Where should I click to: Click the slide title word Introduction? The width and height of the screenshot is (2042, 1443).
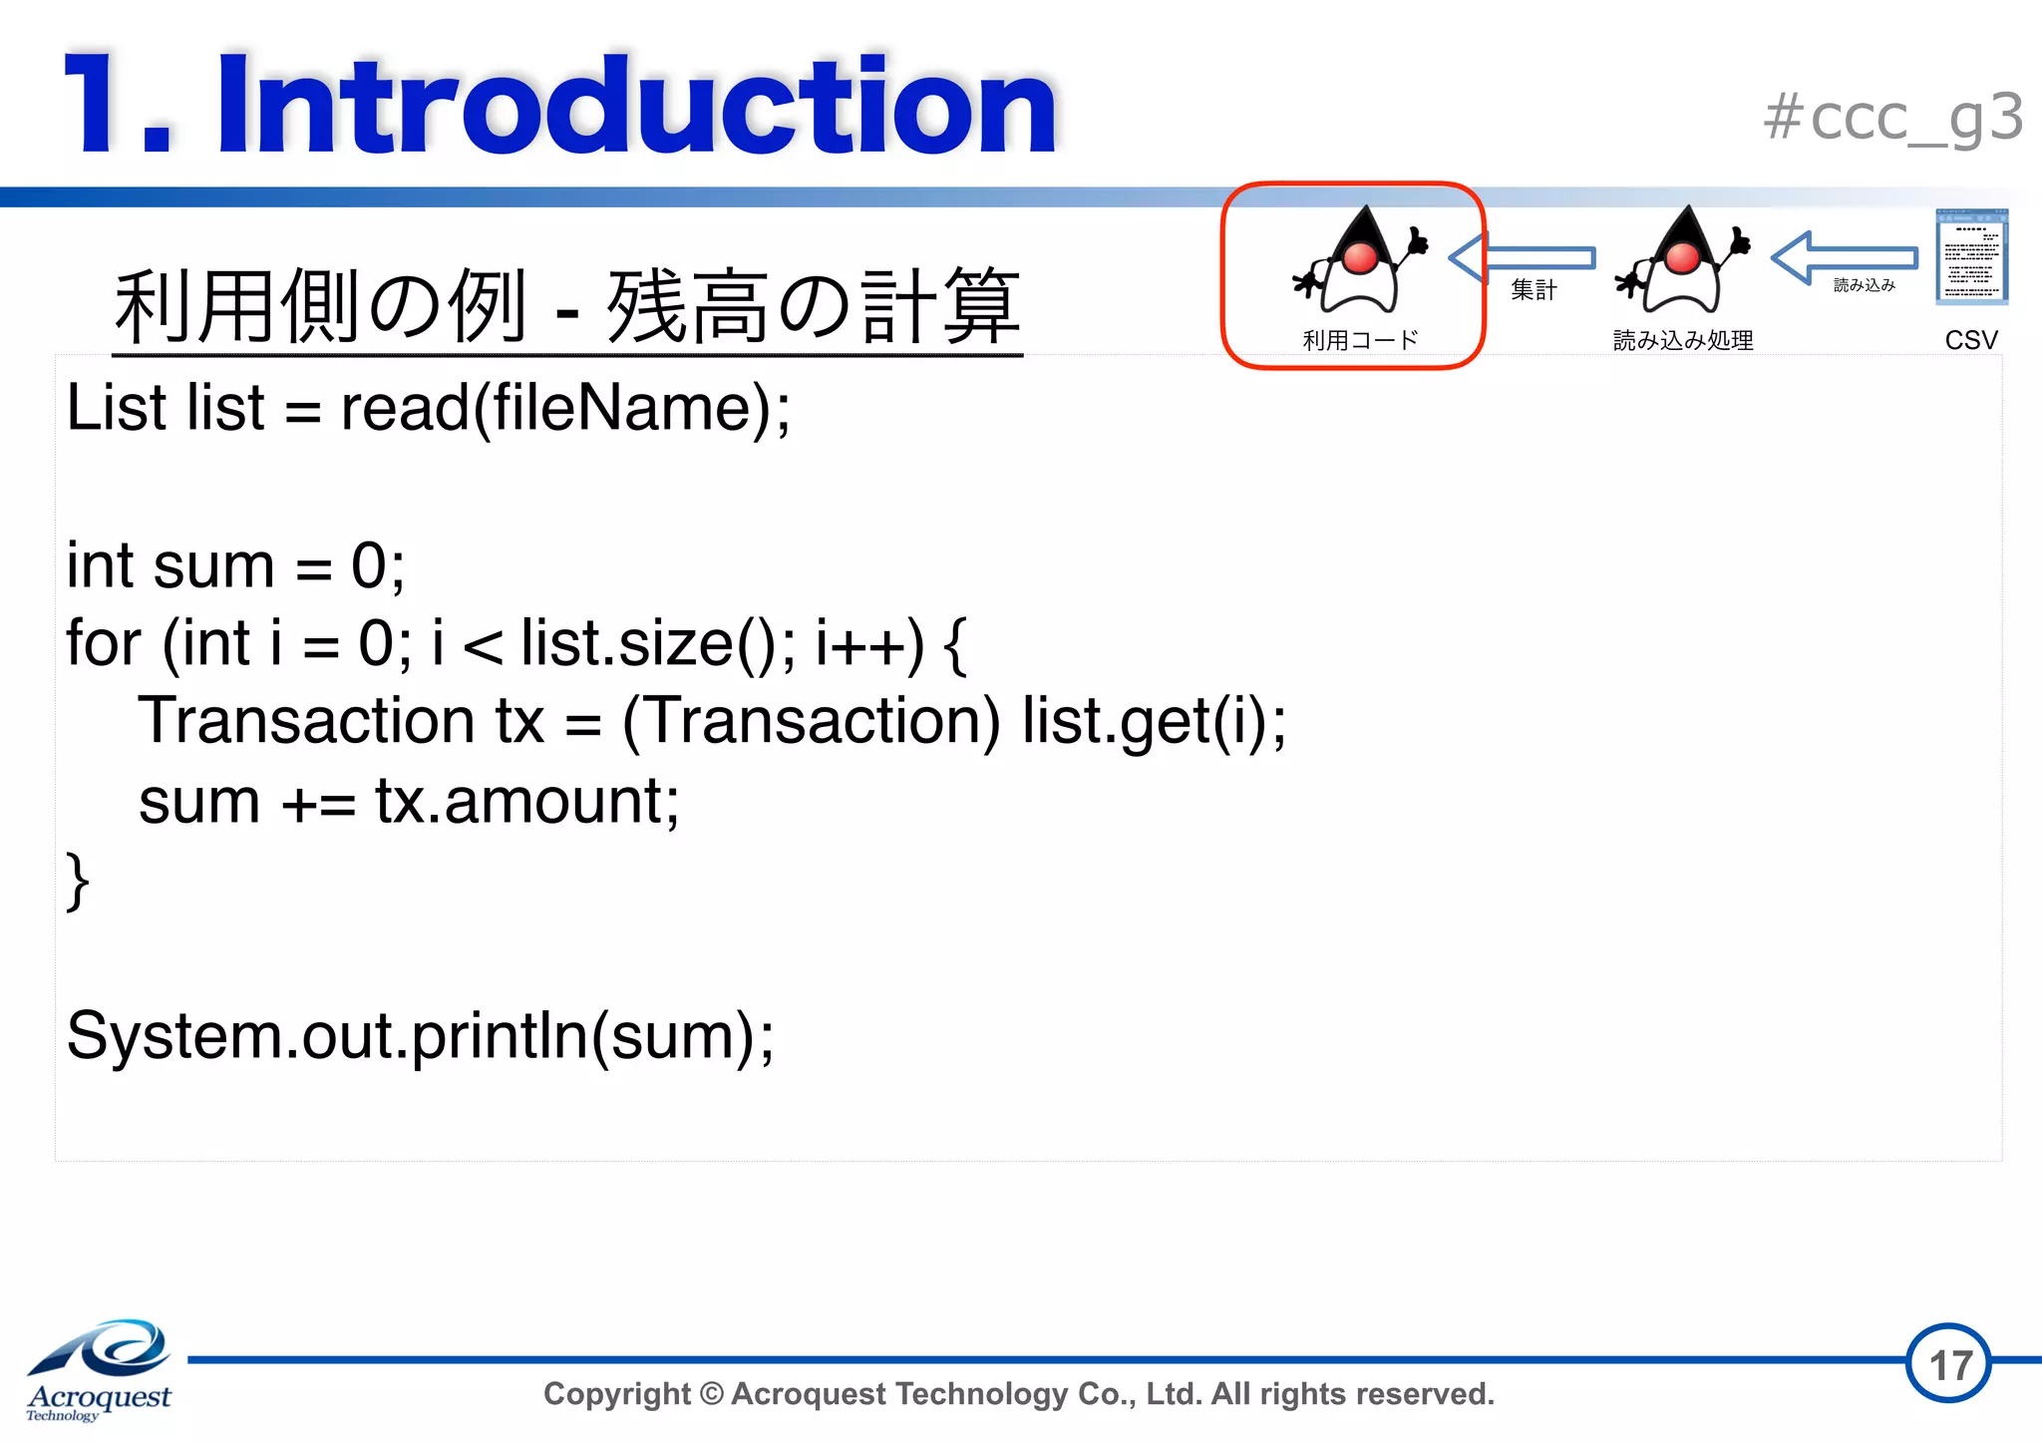(x=636, y=106)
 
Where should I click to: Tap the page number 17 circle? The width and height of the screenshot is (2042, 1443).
(x=1949, y=1363)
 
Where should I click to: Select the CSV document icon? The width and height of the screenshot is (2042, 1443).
(x=1970, y=256)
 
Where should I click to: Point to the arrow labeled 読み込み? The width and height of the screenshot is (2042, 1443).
(x=1845, y=258)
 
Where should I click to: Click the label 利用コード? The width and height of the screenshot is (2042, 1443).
(x=1360, y=340)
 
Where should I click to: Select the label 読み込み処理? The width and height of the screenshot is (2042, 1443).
(x=1683, y=340)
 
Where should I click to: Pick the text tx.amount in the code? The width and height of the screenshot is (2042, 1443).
(x=526, y=801)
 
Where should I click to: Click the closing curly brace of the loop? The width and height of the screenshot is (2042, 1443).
(x=77, y=881)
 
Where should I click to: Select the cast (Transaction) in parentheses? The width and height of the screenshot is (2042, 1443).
(x=811, y=721)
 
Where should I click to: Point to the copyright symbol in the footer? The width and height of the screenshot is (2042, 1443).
(x=711, y=1393)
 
